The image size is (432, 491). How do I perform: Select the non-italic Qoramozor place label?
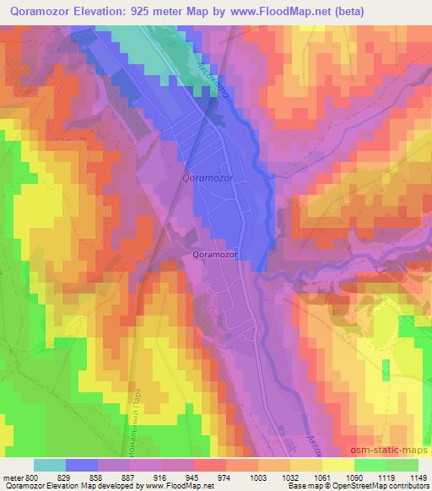point(216,252)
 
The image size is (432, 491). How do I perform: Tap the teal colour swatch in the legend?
point(50,465)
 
